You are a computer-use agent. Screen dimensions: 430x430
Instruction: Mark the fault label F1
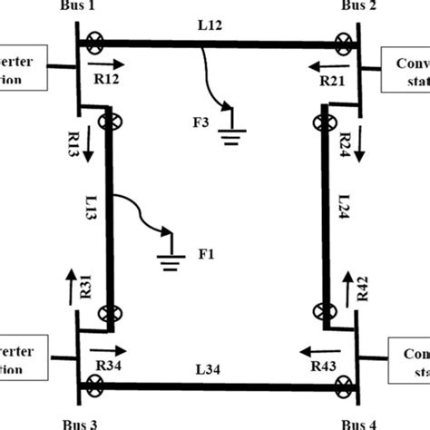(206, 256)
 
